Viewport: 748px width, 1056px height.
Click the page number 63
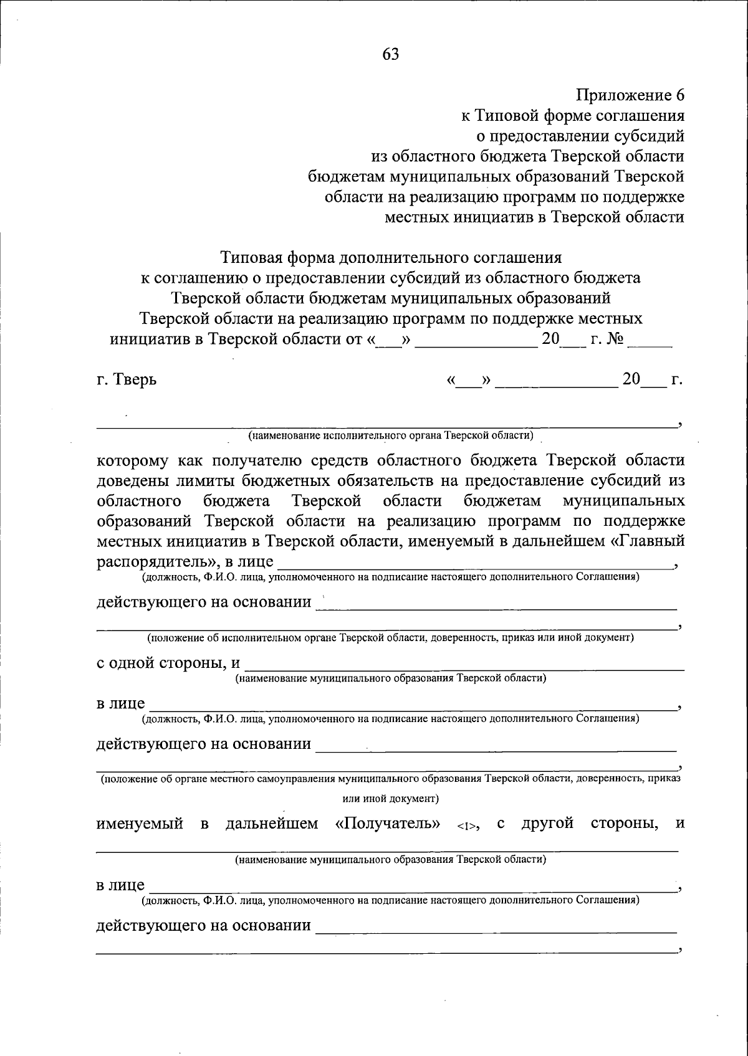click(390, 54)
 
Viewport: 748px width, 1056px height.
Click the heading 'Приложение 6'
click(630, 95)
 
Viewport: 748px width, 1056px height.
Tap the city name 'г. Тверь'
click(127, 379)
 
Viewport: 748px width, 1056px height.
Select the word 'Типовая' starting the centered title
click(251, 257)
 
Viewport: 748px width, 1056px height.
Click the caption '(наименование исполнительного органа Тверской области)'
click(390, 435)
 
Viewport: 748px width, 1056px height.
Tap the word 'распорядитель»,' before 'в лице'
click(155, 561)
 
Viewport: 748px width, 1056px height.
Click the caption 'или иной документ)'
click(391, 798)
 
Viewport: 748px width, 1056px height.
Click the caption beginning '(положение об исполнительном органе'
click(390, 638)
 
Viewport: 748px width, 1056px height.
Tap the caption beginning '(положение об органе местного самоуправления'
click(390, 779)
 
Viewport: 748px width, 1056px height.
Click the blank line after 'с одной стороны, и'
click(464, 668)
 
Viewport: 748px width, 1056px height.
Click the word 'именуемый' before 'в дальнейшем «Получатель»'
click(139, 824)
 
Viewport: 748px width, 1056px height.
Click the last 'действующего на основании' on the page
click(203, 925)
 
